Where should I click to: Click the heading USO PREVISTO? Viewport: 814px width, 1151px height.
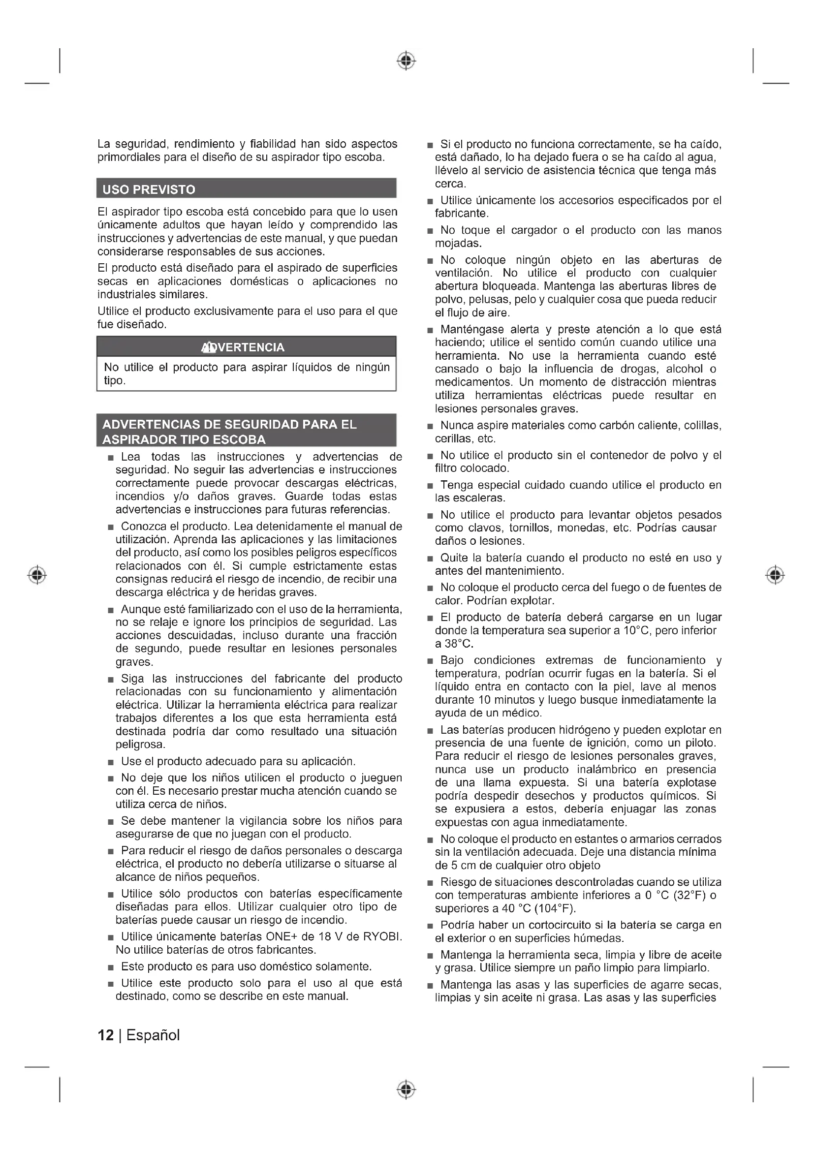pyautogui.click(x=149, y=189)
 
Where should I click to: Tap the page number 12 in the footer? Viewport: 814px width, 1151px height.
pyautogui.click(x=106, y=1035)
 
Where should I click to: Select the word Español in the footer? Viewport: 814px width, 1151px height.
pyautogui.click(x=153, y=1035)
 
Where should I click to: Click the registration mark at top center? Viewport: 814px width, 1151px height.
pyautogui.click(x=407, y=61)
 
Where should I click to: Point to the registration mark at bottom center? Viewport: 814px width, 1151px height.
pyautogui.click(x=407, y=1089)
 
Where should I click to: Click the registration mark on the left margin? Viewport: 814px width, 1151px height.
pyautogui.click(x=37, y=574)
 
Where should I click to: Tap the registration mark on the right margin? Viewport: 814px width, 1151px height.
pyautogui.click(x=775, y=574)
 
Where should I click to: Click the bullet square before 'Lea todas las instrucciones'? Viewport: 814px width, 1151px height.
pyautogui.click(x=111, y=458)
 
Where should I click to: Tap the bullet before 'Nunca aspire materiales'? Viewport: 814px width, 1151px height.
pyautogui.click(x=430, y=427)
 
